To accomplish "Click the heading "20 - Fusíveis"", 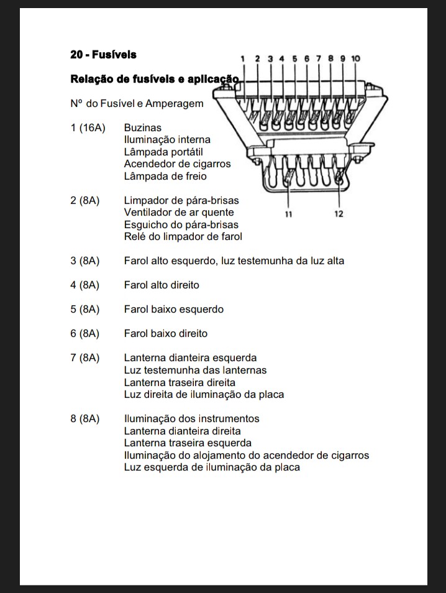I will tap(103, 55).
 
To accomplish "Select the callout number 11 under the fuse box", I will tap(289, 214).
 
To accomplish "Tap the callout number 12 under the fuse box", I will tap(339, 214).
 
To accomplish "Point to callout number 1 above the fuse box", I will tap(243, 58).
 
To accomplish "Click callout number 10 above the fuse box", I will tap(355, 58).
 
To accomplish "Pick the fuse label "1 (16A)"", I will tap(88, 127).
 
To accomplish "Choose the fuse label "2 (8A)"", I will tap(85, 200).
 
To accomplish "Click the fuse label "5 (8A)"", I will tap(85, 309).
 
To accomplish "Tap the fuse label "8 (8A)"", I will tap(85, 418).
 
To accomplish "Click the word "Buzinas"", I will tap(142, 127).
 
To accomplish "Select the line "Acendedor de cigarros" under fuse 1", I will tap(177, 164).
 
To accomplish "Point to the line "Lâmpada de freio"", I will tap(165, 176).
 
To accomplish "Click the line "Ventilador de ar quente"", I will tap(179, 213).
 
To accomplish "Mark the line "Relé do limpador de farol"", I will tap(183, 236).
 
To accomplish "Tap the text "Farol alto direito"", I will tap(162, 285).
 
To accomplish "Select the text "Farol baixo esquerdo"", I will tap(173, 309).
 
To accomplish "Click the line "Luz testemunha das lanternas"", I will tap(195, 370).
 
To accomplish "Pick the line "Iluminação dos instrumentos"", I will tap(191, 418).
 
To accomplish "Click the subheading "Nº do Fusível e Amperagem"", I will tap(137, 103).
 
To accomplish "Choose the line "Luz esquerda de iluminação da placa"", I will tap(212, 467).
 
